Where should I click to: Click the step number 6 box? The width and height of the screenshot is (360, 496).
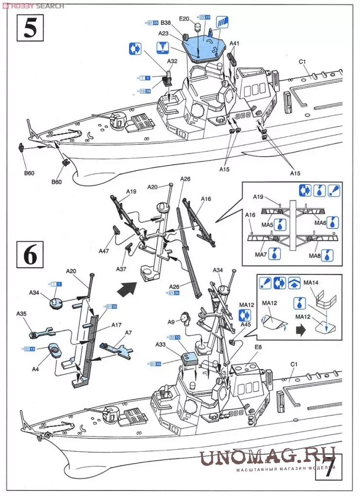click(30, 254)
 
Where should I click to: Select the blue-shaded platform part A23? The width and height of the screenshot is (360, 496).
click(202, 46)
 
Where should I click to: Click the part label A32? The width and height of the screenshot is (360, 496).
click(172, 61)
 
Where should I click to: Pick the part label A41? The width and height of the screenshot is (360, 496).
click(234, 43)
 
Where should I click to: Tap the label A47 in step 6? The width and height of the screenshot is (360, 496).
click(104, 251)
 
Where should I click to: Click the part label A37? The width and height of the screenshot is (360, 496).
click(122, 269)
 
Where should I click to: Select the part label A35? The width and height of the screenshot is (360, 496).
click(21, 314)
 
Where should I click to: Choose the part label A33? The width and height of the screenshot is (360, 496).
click(161, 344)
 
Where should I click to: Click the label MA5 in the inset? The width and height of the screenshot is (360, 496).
click(268, 223)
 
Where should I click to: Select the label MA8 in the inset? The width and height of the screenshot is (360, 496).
click(315, 255)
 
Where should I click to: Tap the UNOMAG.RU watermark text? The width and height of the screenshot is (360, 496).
click(267, 458)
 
